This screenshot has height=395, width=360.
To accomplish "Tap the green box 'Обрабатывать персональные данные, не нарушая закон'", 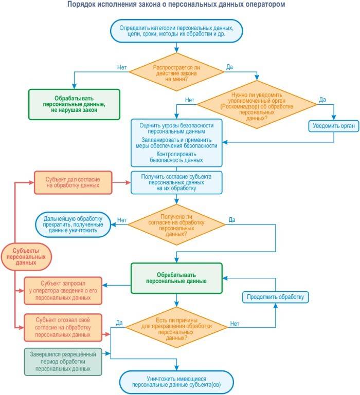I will [75, 104].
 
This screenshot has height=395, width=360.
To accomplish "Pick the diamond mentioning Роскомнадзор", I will [257, 106].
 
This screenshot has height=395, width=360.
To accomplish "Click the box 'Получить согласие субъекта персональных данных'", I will [176, 182].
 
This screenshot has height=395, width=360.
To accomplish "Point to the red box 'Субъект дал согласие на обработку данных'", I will [73, 182].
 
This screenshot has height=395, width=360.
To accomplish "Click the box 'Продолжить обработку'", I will [275, 297].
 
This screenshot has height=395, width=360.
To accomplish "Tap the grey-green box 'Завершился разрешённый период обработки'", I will [63, 361].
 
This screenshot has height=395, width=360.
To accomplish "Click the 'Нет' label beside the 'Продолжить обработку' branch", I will [235, 324].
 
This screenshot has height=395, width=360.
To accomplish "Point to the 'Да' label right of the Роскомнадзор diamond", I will [322, 99].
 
